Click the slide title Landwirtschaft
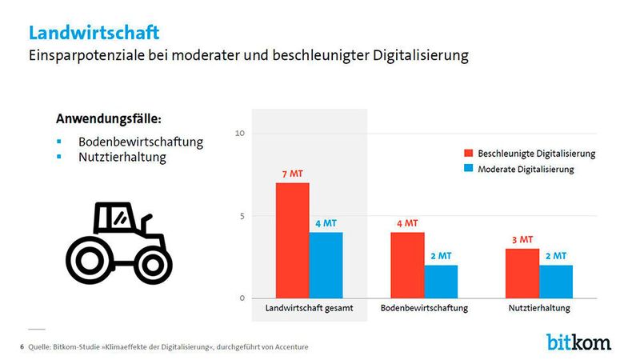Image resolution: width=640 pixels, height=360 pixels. click(x=94, y=32)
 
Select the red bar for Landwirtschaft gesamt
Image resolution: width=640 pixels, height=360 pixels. click(x=292, y=240)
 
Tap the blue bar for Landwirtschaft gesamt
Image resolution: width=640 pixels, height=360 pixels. click(x=326, y=265)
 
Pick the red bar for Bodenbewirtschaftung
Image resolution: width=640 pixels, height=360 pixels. click(x=406, y=265)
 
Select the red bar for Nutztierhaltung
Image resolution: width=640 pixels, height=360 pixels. click(x=522, y=273)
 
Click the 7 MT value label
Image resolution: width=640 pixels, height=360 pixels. click(x=292, y=174)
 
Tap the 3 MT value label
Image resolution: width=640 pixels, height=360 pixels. click(x=522, y=239)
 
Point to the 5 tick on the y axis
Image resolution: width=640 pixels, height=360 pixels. click(x=242, y=215)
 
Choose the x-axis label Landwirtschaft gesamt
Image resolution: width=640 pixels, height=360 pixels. click(x=309, y=308)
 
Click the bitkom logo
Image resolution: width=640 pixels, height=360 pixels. click(x=578, y=342)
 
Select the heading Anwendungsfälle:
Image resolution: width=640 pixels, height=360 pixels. click(x=109, y=119)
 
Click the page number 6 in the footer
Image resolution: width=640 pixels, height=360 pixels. click(x=21, y=346)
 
